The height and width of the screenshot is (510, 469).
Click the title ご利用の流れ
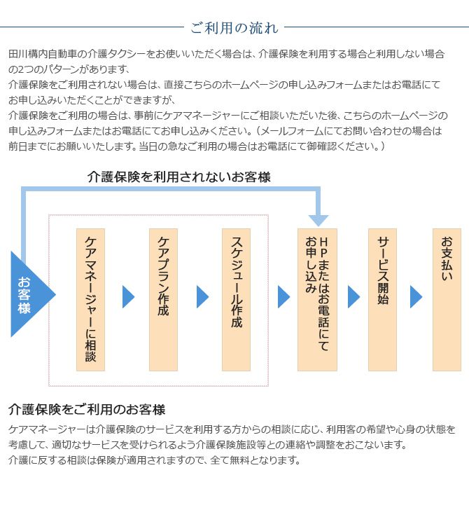pos(234,28)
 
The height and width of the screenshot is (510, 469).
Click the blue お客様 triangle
pos(29,294)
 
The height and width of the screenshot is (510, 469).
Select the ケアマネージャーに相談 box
pos(90,300)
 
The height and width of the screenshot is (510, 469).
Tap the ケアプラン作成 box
pos(163,300)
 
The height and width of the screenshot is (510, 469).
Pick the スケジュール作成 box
pos(236,300)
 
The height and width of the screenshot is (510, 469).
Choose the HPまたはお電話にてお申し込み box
pos(317,300)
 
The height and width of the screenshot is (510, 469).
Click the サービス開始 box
pos(382,300)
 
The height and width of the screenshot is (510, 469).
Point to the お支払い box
pos(447,300)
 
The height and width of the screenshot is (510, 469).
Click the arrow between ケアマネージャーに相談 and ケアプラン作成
pos(128,296)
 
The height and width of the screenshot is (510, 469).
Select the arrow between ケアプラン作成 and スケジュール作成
pos(202,296)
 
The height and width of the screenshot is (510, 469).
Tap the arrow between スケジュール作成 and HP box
pos(283,296)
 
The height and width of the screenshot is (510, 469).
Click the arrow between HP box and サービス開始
pos(353,296)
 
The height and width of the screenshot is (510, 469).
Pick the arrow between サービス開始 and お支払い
pos(416,296)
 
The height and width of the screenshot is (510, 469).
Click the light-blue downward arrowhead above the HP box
pos(318,221)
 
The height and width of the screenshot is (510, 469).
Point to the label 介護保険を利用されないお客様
pos(179,177)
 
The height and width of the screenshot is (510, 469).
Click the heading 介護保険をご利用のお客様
pos(87,410)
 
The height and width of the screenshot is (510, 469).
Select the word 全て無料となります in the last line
pos(255,460)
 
